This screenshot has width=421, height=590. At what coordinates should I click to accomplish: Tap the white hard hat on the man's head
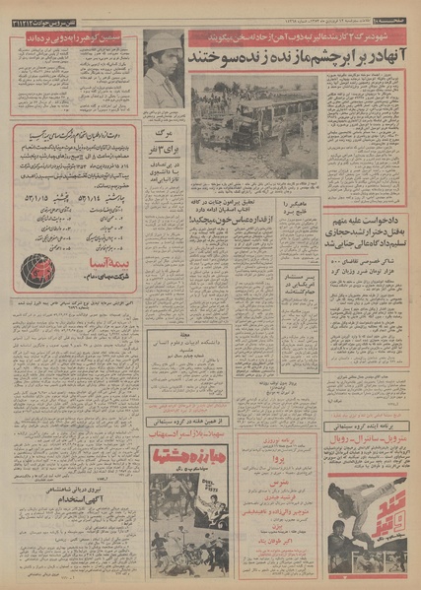[160, 41]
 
